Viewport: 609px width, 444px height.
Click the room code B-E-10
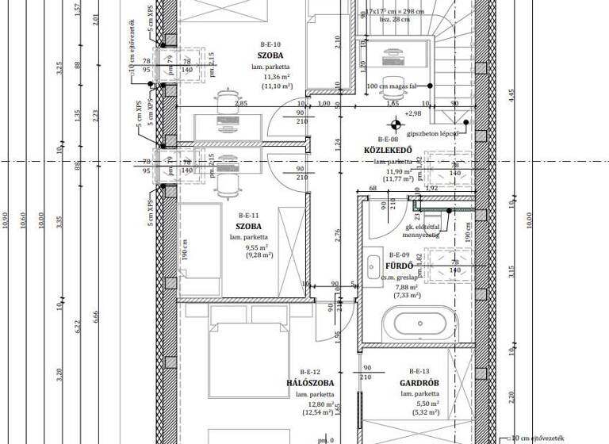(270, 45)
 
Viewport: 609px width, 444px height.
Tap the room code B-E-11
(249, 216)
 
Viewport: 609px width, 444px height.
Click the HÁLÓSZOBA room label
(310, 383)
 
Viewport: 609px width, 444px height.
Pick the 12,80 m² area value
(317, 404)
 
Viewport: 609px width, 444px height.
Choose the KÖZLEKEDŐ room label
(388, 151)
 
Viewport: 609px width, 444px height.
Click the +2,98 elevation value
(412, 114)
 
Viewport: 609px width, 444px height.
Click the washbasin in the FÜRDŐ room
(373, 266)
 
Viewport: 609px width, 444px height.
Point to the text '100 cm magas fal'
(393, 86)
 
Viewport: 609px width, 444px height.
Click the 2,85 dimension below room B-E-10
(241, 104)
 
